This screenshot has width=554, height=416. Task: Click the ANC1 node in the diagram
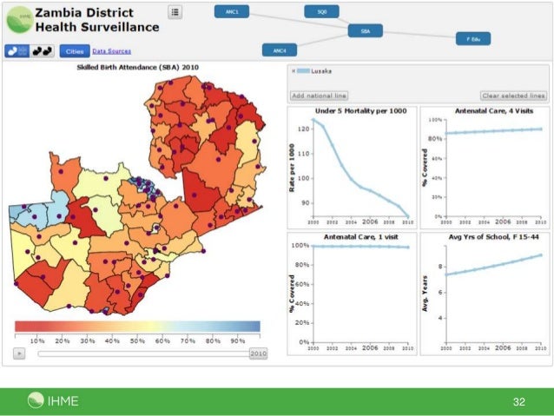click(232, 12)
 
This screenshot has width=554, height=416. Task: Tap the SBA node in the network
click(365, 30)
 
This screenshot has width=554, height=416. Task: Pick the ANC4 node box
click(280, 50)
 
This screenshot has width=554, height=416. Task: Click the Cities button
click(74, 51)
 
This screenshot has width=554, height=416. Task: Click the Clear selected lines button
click(513, 96)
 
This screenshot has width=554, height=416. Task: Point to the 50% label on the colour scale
click(137, 341)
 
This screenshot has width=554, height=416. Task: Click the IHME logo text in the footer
click(63, 400)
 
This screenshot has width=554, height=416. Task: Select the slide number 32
click(520, 401)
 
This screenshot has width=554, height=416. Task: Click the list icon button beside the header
click(175, 12)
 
